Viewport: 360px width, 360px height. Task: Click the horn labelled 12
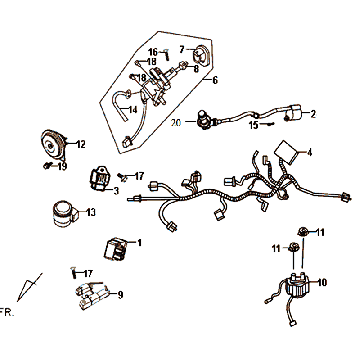point(54,144)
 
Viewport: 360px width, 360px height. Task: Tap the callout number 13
point(90,212)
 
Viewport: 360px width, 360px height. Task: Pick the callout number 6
point(215,80)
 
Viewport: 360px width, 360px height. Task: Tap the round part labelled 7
point(201,54)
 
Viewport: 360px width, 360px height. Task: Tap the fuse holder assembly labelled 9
point(92,295)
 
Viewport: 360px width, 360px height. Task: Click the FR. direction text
point(7,313)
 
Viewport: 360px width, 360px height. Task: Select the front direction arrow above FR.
point(30,287)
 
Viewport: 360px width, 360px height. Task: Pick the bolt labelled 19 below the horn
point(48,164)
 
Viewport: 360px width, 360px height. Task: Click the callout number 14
point(133,110)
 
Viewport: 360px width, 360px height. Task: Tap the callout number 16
point(153,52)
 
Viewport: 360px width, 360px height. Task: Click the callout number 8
point(196,69)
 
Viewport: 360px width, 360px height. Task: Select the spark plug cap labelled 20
point(204,120)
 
